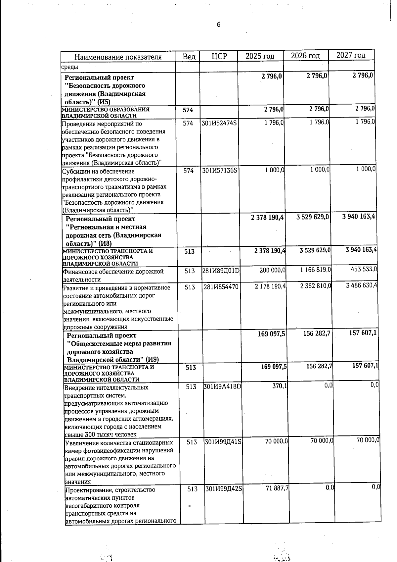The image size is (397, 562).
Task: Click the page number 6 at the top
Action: tap(218, 25)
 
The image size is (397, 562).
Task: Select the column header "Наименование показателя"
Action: tap(118, 57)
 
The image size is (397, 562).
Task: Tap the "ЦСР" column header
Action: tap(219, 56)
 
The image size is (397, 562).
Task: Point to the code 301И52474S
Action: tap(219, 124)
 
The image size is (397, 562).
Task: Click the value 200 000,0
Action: tap(272, 270)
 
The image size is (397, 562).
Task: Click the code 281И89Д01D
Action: tap(221, 271)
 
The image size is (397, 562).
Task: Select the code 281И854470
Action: tap(221, 287)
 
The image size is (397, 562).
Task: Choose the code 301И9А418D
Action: tap(223, 387)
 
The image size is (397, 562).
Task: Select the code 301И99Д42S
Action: tap(224, 489)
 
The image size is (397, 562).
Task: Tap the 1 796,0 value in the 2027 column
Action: tap(365, 122)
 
